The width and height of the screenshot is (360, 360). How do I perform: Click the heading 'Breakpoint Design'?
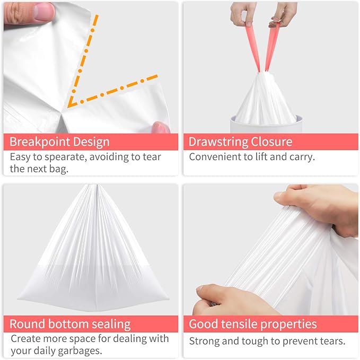tap(59, 142)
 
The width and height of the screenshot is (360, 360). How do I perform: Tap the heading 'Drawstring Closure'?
tap(240, 142)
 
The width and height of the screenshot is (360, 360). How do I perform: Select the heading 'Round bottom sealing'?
tap(69, 324)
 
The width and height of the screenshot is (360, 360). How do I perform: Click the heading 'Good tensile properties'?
tap(253, 324)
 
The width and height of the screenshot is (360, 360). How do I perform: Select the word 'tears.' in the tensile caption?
tap(332, 341)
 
